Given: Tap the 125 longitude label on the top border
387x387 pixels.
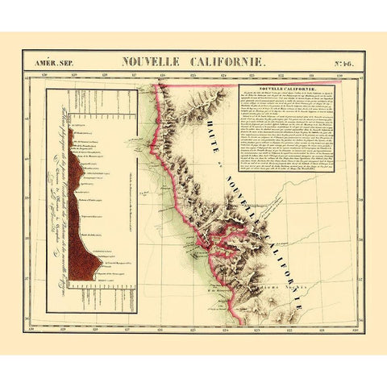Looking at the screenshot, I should tap(194, 77).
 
